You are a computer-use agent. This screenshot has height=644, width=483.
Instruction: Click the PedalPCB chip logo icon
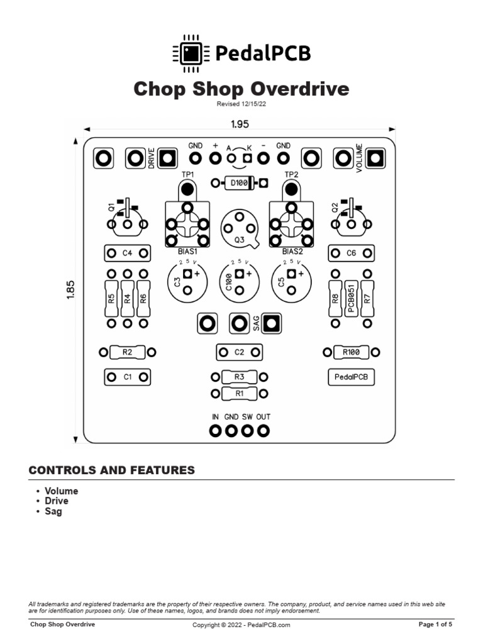(x=190, y=52)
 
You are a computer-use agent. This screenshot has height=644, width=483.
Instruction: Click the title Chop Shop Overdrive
(x=241, y=89)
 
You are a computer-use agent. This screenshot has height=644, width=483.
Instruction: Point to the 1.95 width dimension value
(x=240, y=125)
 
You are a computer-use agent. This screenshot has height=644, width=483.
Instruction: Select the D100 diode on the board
(x=239, y=183)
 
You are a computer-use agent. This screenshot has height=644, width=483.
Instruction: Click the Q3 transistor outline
(x=239, y=227)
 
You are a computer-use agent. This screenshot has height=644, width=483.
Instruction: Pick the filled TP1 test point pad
(x=187, y=188)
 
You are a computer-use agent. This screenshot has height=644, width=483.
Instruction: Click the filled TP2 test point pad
(x=291, y=188)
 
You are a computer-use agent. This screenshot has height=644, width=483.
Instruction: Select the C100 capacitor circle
(x=239, y=279)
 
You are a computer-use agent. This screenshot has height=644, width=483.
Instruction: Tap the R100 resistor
(x=351, y=352)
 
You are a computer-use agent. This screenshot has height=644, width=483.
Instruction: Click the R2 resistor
(x=127, y=352)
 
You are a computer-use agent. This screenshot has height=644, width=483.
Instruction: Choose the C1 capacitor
(x=127, y=377)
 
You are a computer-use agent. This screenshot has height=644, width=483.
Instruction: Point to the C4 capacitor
(x=127, y=253)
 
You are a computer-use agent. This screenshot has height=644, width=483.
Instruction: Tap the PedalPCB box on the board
(x=351, y=377)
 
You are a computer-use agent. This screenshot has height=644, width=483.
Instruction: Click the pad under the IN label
(x=215, y=431)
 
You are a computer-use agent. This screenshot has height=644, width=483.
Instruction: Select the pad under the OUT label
(x=264, y=431)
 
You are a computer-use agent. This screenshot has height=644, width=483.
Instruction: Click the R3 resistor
(x=239, y=377)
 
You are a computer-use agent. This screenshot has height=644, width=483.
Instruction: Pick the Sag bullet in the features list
(x=53, y=511)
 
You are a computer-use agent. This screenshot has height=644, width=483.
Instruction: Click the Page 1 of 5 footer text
(x=435, y=625)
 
